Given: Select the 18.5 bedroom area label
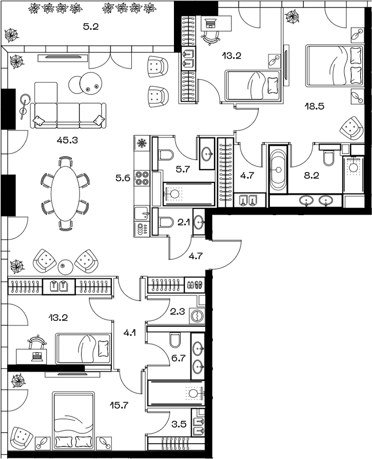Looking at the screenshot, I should (314, 107).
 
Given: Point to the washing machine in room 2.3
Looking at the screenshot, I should (197, 315).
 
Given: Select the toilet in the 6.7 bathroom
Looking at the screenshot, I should (174, 340).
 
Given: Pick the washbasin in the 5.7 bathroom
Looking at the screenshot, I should (208, 152).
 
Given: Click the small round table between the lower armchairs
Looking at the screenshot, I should (65, 265).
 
